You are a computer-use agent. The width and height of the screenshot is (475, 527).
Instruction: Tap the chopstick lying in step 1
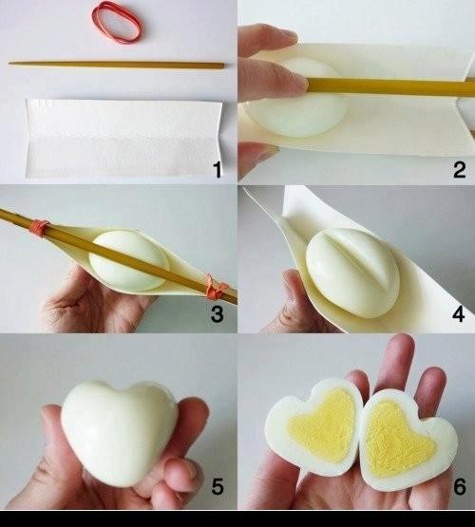pyautogui.click(x=117, y=65)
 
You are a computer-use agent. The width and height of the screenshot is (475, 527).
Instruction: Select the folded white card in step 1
pyautogui.click(x=123, y=138)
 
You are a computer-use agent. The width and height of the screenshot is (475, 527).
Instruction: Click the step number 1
pyautogui.click(x=218, y=169)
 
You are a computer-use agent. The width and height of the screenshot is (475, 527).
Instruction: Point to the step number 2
pyautogui.click(x=459, y=169)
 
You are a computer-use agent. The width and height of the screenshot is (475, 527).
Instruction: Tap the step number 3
pyautogui.click(x=218, y=314)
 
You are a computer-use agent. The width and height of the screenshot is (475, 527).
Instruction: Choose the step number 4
pyautogui.click(x=459, y=314)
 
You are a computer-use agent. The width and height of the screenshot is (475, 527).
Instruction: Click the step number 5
pyautogui.click(x=218, y=486)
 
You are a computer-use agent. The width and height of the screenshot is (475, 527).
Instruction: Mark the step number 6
pyautogui.click(x=460, y=486)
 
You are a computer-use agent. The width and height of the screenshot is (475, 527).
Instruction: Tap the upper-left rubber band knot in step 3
pyautogui.click(x=38, y=227)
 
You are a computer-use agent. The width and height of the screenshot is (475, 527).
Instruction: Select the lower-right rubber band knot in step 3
pyautogui.click(x=215, y=287)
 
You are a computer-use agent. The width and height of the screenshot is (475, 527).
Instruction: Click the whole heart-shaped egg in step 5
pyautogui.click(x=120, y=433)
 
